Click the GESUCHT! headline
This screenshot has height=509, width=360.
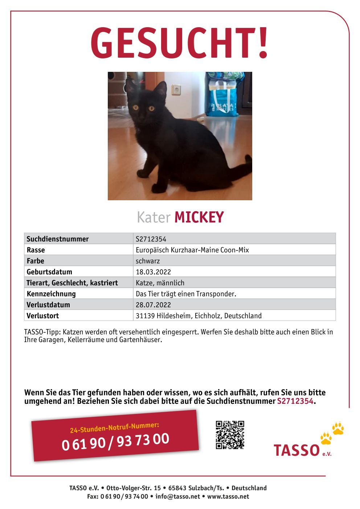[x=179, y=43]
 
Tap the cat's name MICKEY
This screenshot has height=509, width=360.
[x=199, y=217]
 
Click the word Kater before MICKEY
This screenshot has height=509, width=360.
[x=154, y=218]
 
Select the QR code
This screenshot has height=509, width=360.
[x=230, y=435]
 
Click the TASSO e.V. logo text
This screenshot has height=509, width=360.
[x=296, y=450]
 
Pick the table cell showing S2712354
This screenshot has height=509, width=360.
[x=151, y=239]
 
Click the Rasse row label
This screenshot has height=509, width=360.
[x=36, y=250]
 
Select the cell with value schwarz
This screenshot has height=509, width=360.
[x=148, y=261]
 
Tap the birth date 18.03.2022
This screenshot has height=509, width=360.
[x=153, y=272]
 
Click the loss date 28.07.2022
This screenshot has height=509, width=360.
[x=153, y=305]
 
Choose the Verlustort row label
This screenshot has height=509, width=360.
[x=43, y=316]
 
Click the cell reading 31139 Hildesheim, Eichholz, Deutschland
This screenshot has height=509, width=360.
[x=199, y=316]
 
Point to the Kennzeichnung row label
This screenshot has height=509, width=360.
[x=51, y=294]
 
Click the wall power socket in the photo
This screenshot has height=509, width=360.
[x=176, y=89]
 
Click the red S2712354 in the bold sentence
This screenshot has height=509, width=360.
[x=295, y=401]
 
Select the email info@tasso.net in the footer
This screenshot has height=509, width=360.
[x=177, y=497]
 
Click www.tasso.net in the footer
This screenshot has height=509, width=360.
[x=228, y=497]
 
